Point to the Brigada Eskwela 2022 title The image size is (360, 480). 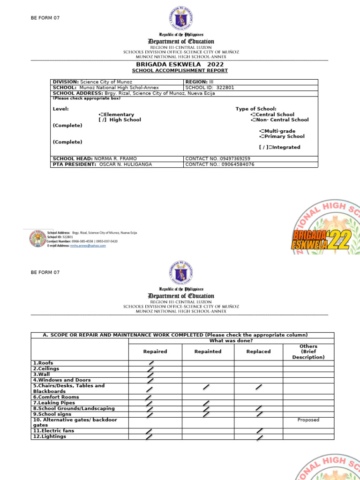(180, 64)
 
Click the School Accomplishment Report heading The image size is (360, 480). (180, 71)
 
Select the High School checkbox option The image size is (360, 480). (102, 120)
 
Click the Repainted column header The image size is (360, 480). (208, 351)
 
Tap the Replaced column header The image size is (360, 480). (258, 351)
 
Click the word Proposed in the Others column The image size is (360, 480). (308, 420)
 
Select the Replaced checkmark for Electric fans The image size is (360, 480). (259, 431)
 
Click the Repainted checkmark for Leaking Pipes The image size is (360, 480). (206, 403)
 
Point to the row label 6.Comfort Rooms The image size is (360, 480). (52, 397)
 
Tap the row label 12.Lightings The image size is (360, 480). (50, 436)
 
